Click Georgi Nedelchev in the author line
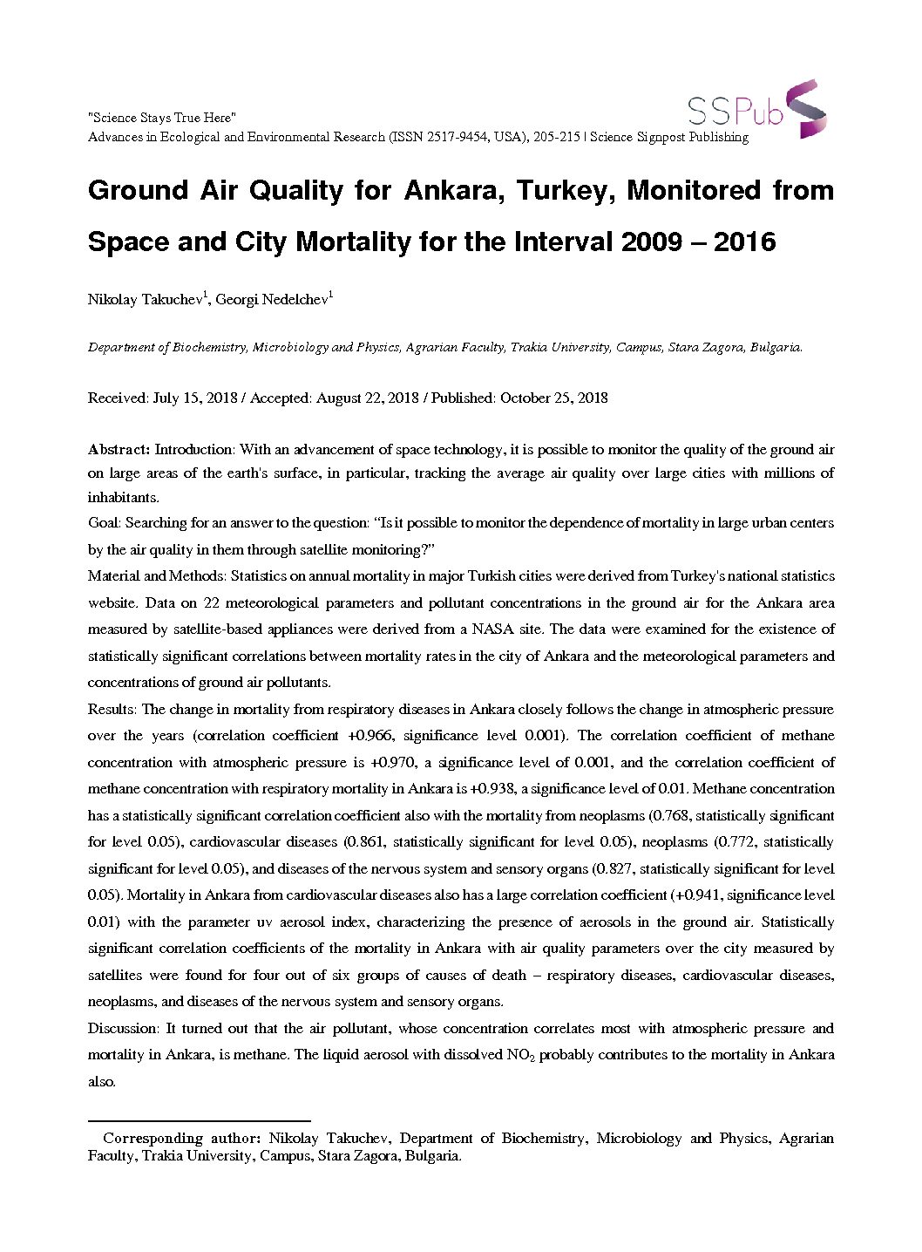coord(272,300)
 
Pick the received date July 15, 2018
coord(195,398)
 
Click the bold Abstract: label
coord(119,450)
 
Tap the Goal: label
coord(105,523)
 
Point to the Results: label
coord(112,710)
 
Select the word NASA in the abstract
coord(492,629)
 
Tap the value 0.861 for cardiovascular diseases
coord(366,842)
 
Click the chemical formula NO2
coord(520,1056)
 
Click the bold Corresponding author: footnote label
coord(181,1139)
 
